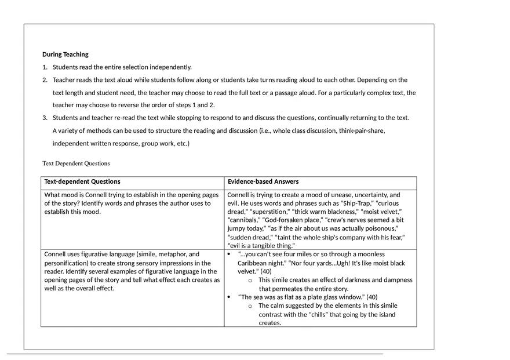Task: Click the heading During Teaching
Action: [x=65, y=54]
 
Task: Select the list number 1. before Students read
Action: [x=45, y=67]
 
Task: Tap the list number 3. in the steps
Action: [x=45, y=118]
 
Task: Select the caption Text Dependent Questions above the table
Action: [x=76, y=163]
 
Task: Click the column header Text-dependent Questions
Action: [x=82, y=181]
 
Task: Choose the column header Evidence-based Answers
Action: [x=263, y=181]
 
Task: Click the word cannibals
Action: [x=244, y=220]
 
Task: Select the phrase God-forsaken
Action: [x=281, y=220]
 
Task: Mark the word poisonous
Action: [x=378, y=229]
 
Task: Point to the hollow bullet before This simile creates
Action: [x=250, y=280]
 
